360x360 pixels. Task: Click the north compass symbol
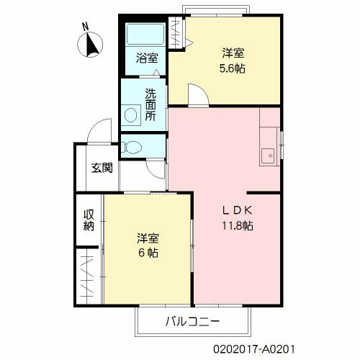click(x=90, y=45)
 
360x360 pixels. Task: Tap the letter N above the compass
click(x=85, y=27)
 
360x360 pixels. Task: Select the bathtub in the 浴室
click(x=145, y=34)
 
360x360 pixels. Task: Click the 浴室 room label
click(x=147, y=58)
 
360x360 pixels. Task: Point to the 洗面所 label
click(x=150, y=105)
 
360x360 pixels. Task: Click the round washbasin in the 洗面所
click(x=131, y=115)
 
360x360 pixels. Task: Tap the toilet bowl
click(x=132, y=147)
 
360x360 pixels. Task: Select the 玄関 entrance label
click(x=102, y=168)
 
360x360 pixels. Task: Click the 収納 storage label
click(x=89, y=220)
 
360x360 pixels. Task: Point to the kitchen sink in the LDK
click(x=268, y=156)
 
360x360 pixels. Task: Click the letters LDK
click(x=237, y=211)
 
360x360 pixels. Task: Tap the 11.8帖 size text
click(x=237, y=226)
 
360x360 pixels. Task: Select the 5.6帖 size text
click(x=233, y=69)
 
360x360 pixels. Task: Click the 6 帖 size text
click(x=148, y=253)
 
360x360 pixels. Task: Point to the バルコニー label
click(x=192, y=321)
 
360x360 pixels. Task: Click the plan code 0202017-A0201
click(x=254, y=349)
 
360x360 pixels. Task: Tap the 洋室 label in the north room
click(x=233, y=53)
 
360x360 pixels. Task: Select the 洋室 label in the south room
click(x=148, y=238)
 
